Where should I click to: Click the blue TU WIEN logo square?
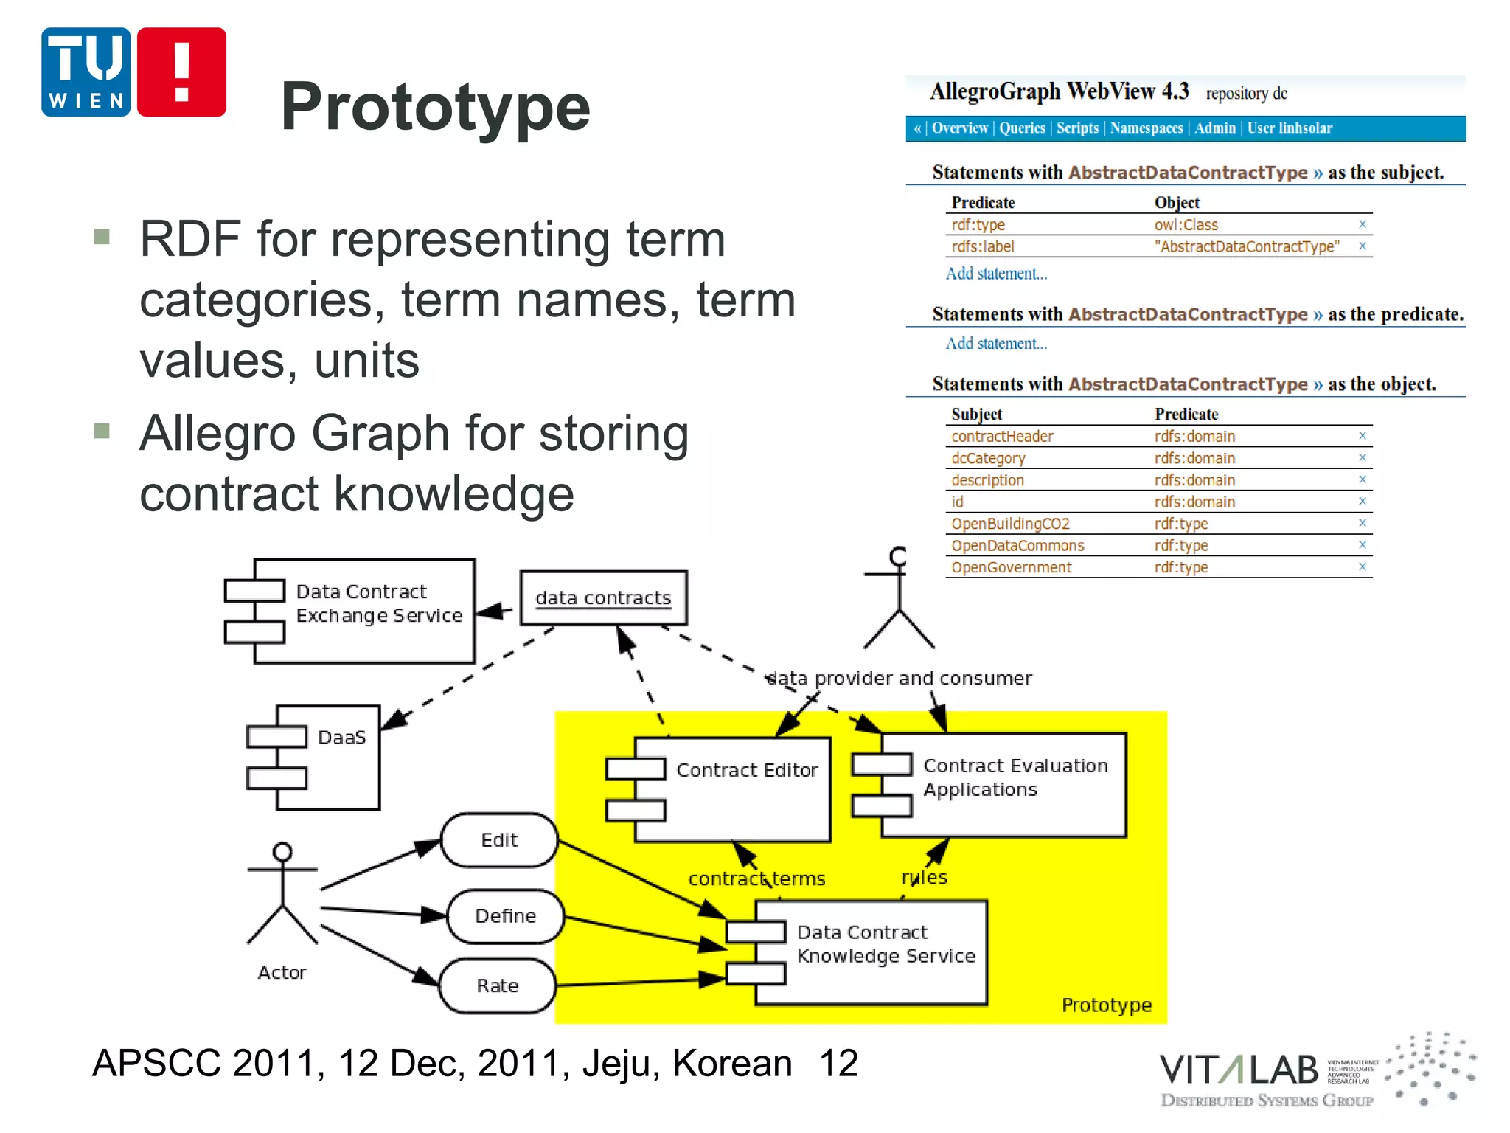[86, 72]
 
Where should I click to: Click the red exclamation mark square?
[181, 72]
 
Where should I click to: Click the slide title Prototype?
[435, 108]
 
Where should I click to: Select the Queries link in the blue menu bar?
[1022, 128]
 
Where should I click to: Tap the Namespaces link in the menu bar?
[1146, 128]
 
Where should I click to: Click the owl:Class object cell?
[1186, 225]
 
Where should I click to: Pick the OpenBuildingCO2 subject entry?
[1010, 524]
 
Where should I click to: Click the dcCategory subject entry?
[988, 458]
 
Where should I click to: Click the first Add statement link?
[996, 274]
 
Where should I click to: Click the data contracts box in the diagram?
[603, 597]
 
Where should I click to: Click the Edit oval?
[499, 840]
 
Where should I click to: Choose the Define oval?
[505, 916]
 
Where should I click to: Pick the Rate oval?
[497, 985]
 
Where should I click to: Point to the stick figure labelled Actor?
[282, 896]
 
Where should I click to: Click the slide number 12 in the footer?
[838, 1063]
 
